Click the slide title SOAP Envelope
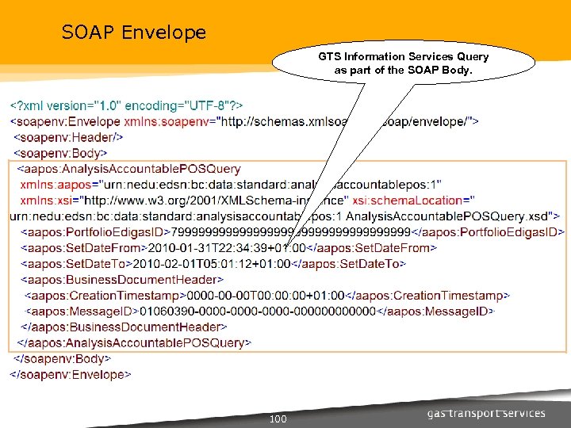click(x=134, y=32)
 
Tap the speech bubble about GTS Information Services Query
click(x=404, y=63)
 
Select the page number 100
click(x=278, y=418)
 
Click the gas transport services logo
click(x=486, y=413)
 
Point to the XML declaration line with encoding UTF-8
click(x=127, y=105)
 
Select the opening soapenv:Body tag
click(x=61, y=153)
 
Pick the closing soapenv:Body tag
click(x=59, y=359)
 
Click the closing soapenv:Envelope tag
click(x=71, y=375)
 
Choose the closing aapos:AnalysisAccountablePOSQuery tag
click(x=134, y=343)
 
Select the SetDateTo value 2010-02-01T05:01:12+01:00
click(x=212, y=264)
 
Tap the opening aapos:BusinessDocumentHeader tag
click(x=122, y=280)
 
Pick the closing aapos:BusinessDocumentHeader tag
click(x=124, y=327)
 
